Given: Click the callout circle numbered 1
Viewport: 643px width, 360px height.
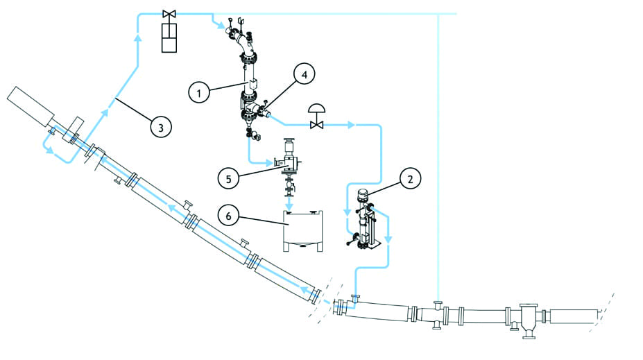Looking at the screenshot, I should (199, 92).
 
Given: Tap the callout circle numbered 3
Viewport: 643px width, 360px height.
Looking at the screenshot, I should (161, 127).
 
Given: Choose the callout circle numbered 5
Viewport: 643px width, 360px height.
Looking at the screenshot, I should (228, 179).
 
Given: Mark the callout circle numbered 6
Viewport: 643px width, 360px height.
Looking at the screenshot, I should (228, 215).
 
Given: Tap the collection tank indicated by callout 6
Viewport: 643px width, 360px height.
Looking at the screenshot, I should (302, 230).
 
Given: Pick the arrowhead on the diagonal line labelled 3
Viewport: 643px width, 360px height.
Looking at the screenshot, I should (108, 105).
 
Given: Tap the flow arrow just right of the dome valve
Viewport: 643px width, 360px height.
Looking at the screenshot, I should (352, 126).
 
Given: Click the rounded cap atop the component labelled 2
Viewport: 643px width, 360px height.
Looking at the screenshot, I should (361, 195).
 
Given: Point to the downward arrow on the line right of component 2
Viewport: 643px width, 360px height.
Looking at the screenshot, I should (388, 240).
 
